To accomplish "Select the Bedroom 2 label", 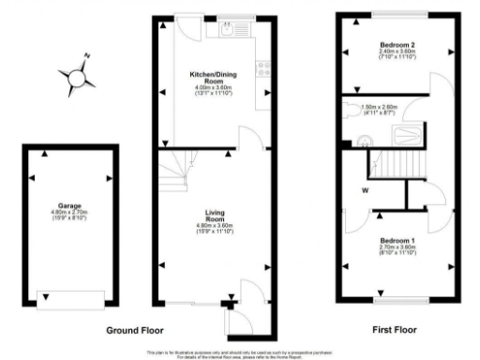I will click(x=397, y=45).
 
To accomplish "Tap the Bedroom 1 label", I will click(x=397, y=241).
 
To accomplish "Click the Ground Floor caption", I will click(x=134, y=331).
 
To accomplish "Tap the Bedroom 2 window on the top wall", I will click(x=397, y=18).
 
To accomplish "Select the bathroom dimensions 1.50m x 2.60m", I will click(x=380, y=107).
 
